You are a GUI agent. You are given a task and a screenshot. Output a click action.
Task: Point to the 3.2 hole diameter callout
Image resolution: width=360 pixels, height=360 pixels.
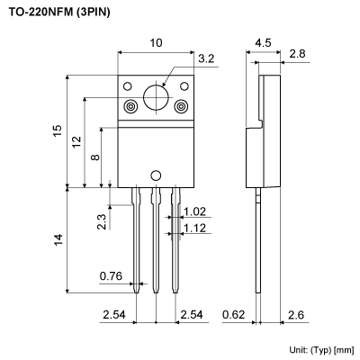[205, 60]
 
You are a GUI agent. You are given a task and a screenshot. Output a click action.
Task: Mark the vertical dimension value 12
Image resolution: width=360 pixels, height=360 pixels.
[76, 142]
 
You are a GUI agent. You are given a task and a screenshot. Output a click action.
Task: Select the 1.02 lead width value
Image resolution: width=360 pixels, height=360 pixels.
[195, 212]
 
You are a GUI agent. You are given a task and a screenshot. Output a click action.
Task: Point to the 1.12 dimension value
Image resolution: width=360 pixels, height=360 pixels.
[195, 229]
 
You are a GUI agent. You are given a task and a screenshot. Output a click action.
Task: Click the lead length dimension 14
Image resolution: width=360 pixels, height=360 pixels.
[58, 239]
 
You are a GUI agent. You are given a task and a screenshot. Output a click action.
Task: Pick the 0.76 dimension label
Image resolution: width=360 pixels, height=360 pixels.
[111, 274]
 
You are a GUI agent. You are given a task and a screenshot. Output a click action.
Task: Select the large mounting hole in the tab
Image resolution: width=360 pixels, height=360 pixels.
[156, 96]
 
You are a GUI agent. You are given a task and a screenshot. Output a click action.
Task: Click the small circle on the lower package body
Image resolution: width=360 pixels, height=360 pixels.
[156, 176]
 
